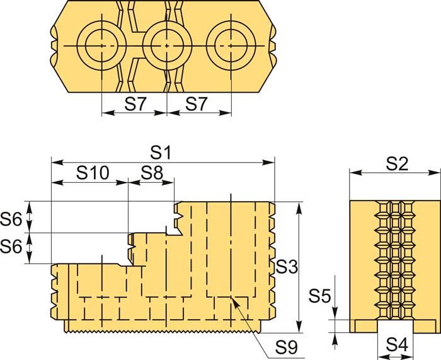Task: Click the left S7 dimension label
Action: click(x=135, y=104)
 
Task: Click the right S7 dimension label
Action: click(x=197, y=104)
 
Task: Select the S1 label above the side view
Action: click(x=161, y=153)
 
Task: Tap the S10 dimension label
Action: click(x=93, y=173)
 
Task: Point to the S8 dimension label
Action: click(x=152, y=173)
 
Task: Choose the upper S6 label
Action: click(x=11, y=219)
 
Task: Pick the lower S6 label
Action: click(x=11, y=247)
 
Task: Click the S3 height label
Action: click(x=286, y=266)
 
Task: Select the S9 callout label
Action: click(x=286, y=347)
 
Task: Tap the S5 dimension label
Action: click(x=319, y=296)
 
